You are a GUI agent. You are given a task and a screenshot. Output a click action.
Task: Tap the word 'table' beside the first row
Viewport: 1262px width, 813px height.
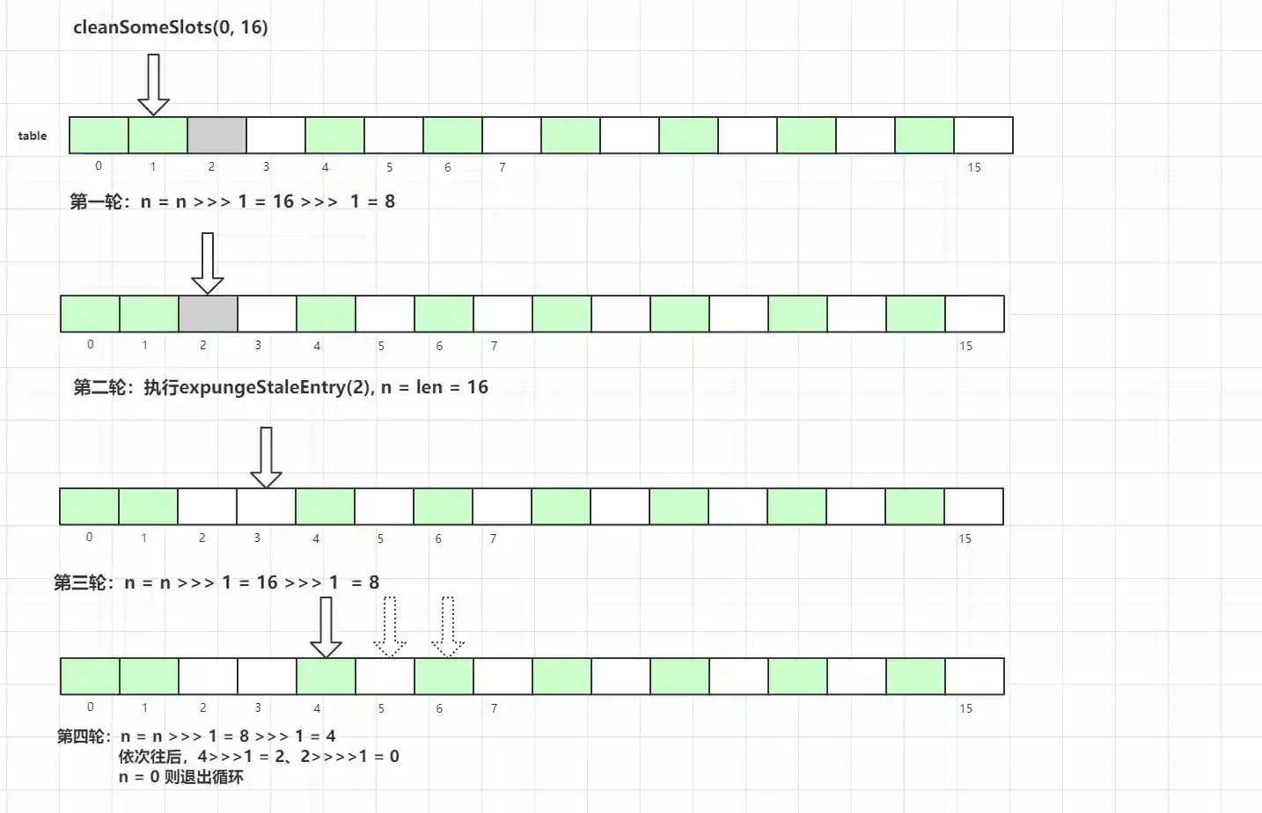pos(33,135)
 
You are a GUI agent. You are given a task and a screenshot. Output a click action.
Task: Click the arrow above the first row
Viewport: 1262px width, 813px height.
pos(154,85)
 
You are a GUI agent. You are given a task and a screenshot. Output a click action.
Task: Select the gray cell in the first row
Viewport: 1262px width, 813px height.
pos(216,135)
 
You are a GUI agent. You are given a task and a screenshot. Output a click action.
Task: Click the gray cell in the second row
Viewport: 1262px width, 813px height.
pos(208,314)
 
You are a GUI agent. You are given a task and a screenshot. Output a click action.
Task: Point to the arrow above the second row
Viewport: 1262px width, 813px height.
pos(208,263)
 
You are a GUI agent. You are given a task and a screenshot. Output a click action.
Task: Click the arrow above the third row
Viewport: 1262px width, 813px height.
pos(266,458)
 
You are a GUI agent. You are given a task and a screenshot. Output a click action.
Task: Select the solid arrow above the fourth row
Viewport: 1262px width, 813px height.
pos(327,627)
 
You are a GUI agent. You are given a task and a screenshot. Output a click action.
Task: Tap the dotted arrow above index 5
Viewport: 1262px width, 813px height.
pos(390,627)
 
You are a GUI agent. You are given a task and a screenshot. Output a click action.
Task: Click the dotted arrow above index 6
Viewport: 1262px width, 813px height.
pos(448,627)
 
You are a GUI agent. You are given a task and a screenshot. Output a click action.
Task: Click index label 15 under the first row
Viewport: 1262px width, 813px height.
pos(974,167)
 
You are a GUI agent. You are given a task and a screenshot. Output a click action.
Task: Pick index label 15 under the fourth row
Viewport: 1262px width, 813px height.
pos(965,708)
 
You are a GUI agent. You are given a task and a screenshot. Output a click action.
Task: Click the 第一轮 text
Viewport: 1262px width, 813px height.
pos(95,201)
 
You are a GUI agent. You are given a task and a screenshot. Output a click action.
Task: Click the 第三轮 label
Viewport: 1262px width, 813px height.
pos(79,582)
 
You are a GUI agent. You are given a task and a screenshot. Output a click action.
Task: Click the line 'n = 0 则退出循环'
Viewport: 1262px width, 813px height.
pos(181,777)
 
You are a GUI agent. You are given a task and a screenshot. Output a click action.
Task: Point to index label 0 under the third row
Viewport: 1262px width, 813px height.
pos(89,537)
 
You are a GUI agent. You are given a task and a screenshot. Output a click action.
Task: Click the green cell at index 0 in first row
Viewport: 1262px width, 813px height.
pos(99,135)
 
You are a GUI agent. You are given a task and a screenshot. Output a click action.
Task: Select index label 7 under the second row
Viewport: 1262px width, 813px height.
pos(494,346)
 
